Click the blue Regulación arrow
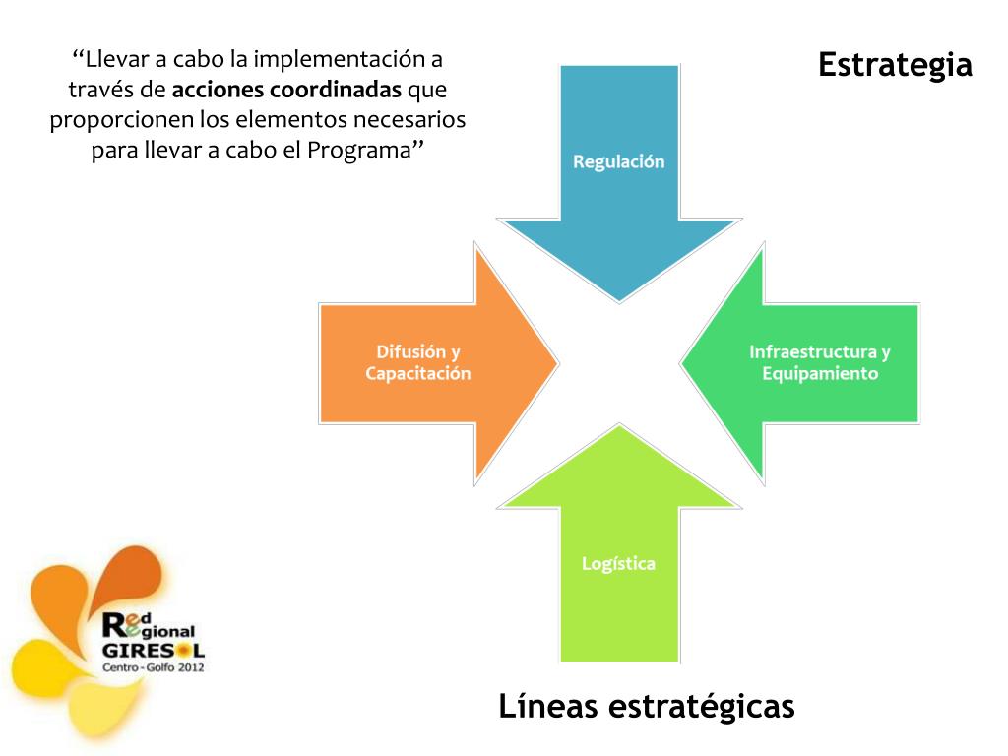tap(618, 197)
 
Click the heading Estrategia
tap(895, 65)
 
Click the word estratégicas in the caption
tap(701, 707)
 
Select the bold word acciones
tap(219, 91)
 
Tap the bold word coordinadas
tap(336, 91)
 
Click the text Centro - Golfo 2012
tap(153, 667)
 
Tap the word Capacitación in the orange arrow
tap(418, 374)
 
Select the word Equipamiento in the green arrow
tap(820, 374)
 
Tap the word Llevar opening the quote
tap(116, 59)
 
